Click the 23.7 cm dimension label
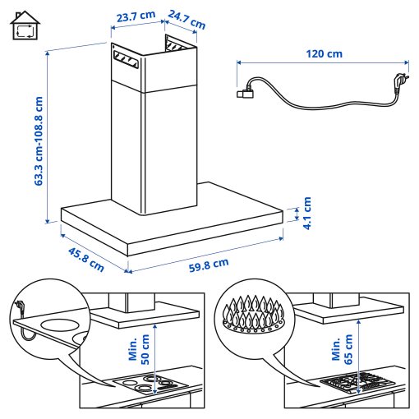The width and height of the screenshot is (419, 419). [x=136, y=17]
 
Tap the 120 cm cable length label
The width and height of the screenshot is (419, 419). [x=322, y=54]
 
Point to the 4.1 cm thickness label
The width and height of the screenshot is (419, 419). [x=307, y=213]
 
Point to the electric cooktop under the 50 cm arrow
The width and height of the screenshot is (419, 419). [x=147, y=384]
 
